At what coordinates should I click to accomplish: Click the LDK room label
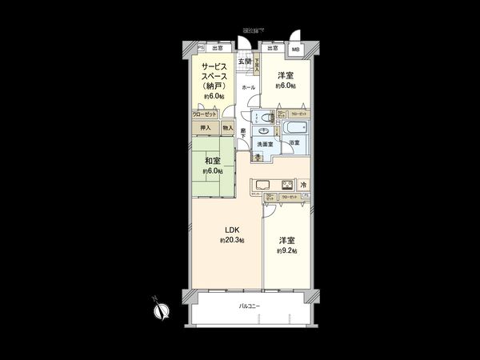[x=231, y=231]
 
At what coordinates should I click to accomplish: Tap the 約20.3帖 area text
[x=232, y=240]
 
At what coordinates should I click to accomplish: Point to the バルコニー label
[x=248, y=306]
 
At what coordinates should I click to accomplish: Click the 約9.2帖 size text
[x=287, y=250]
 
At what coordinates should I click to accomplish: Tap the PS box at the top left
[x=201, y=47]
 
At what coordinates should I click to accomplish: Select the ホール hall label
[x=249, y=87]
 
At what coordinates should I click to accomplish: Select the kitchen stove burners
[x=286, y=185]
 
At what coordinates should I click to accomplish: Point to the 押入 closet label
[x=206, y=127]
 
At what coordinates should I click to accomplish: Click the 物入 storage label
[x=228, y=127]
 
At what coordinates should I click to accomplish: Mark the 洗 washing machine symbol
[x=258, y=157]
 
